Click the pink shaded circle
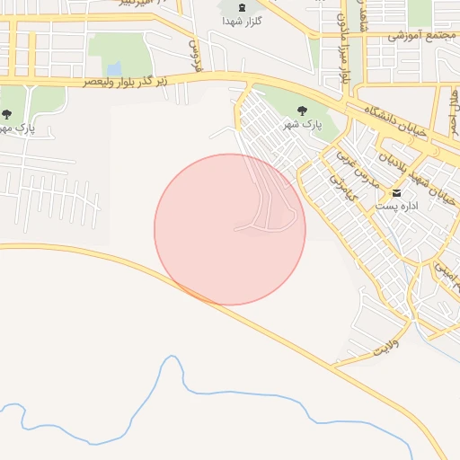[230, 229]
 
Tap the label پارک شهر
[303, 124]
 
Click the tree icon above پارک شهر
[303, 111]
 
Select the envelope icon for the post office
[396, 193]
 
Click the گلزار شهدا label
[240, 22]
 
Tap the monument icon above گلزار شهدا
[240, 7]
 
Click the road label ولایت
[385, 344]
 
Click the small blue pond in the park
[114, 68]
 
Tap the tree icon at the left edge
[7, 114]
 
